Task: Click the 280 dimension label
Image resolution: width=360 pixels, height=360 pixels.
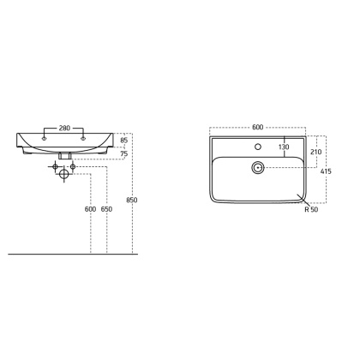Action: [64, 129]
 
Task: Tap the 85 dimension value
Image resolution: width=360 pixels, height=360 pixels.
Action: [124, 141]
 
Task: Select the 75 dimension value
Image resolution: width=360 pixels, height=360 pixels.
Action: [124, 153]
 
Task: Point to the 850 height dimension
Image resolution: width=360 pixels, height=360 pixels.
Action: [132, 200]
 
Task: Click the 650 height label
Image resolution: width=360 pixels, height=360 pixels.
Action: [106, 209]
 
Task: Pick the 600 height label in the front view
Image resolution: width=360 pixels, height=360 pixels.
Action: [90, 209]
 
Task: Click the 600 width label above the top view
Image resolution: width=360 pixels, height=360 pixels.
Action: [257, 127]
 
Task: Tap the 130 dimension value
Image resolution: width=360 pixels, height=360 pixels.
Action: [284, 147]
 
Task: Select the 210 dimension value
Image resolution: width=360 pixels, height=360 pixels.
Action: [316, 152]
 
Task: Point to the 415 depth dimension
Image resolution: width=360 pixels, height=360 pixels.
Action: [326, 171]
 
